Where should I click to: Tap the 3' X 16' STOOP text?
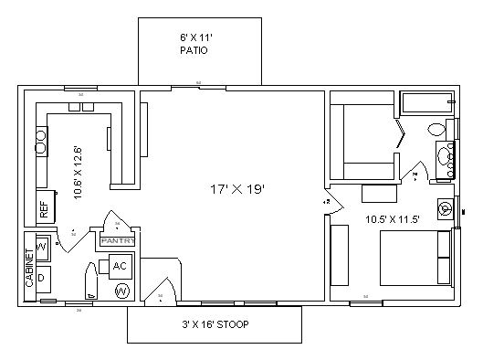click(215, 324)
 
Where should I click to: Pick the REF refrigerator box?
click(43, 209)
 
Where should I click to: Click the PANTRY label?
click(118, 241)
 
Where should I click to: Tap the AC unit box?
click(120, 266)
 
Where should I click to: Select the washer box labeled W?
click(42, 248)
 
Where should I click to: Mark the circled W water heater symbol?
click(121, 291)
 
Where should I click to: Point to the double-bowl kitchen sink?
click(41, 141)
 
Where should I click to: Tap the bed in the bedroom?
click(415, 257)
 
